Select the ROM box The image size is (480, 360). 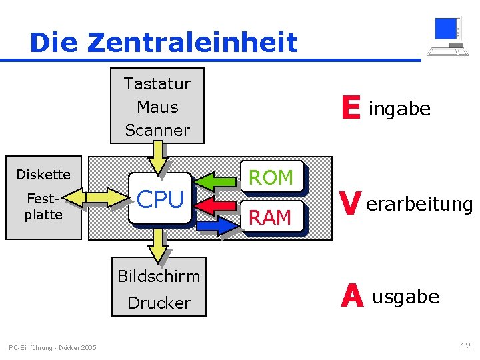tap(271, 177)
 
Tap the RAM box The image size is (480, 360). tap(271, 217)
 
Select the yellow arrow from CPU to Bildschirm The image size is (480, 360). tap(158, 245)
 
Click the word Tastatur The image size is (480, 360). tap(157, 84)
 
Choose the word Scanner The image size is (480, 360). tap(157, 130)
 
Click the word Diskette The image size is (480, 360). tap(43, 175)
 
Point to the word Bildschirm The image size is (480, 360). tap(159, 276)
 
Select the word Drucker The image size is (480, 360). tap(159, 303)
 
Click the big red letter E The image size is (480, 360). tap(350, 108)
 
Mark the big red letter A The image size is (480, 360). tap(351, 296)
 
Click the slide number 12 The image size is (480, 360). tap(465, 346)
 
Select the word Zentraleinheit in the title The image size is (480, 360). tap(192, 43)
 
